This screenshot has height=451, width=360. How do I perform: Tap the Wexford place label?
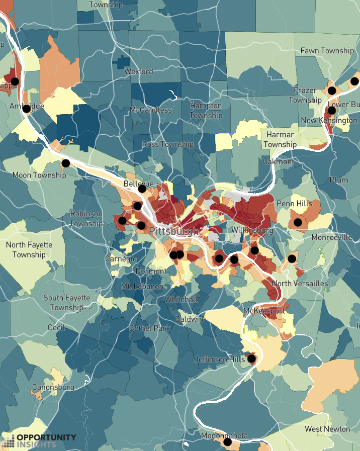pos(139,71)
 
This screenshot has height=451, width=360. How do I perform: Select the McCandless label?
pos(150,110)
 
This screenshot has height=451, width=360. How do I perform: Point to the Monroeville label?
pos(332,237)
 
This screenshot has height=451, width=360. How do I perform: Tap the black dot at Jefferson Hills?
pos(251,358)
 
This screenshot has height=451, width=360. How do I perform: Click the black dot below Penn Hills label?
pos(298,222)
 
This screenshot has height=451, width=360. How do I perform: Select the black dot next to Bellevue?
pos(142,189)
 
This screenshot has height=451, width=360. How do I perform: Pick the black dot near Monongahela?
pos(227,442)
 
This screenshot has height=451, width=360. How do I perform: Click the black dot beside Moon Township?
pos(65,163)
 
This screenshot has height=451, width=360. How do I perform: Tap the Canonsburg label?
pos(53,387)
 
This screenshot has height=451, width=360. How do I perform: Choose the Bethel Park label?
pos(150,328)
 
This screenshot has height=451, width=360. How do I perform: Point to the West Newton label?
pos(327,429)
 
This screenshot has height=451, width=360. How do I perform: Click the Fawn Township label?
pos(327,51)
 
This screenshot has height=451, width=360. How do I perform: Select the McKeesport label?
pos(264,311)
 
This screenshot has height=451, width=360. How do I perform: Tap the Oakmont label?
pos(279,161)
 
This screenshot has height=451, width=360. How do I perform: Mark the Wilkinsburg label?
pos(252,230)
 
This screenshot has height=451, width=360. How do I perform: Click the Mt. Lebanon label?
pos(142,286)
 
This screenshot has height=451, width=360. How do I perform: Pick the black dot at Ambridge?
pos(27,109)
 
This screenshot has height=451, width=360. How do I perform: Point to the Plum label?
pos(339,180)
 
